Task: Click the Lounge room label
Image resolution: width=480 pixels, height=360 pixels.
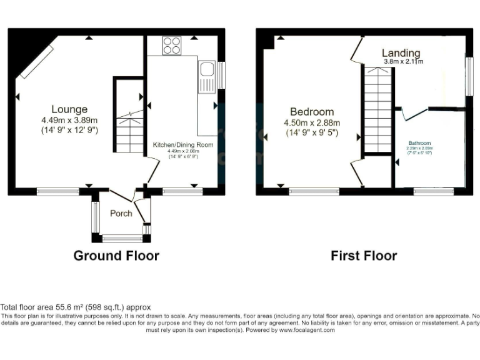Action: [69, 109]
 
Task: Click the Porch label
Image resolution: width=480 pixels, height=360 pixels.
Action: [121, 213]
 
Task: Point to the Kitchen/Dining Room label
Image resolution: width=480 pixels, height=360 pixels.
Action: [183, 144]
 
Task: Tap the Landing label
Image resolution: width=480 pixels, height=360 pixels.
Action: [401, 52]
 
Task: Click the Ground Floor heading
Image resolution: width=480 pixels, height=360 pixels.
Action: [116, 256]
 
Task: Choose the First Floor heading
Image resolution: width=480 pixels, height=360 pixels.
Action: [364, 256]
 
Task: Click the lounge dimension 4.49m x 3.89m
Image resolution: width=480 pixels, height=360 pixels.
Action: [69, 120]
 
